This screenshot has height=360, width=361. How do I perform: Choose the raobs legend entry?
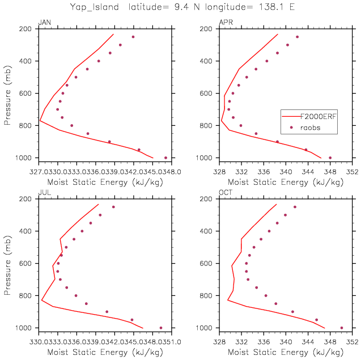[x=310, y=128]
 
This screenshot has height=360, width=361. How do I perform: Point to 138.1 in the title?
[x=267, y=7]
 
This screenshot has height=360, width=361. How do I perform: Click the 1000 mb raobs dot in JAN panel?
[x=165, y=158]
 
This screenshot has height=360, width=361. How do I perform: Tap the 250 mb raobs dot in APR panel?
[x=297, y=37]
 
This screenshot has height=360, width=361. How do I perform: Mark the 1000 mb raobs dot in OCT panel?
[x=341, y=328]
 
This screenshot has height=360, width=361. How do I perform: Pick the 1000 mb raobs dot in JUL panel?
[x=161, y=328]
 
